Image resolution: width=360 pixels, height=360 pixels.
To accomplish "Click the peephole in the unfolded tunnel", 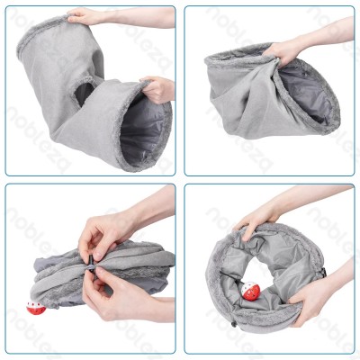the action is click(x=84, y=94).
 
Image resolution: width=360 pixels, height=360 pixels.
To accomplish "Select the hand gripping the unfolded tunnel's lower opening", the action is click(x=156, y=89).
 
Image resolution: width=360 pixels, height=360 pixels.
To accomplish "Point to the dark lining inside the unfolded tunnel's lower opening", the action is click(x=143, y=129).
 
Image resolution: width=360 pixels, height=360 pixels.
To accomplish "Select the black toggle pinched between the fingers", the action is click(x=89, y=264).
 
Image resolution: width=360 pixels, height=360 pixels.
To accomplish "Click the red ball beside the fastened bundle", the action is click(x=36, y=308).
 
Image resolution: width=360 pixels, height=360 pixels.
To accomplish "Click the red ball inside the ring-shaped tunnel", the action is click(x=250, y=292).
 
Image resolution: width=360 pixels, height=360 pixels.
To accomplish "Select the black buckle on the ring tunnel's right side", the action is click(x=323, y=273).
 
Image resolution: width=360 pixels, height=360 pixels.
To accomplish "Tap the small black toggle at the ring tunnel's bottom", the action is click(x=234, y=324).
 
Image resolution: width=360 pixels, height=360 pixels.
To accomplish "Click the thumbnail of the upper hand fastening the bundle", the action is click(x=97, y=256).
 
